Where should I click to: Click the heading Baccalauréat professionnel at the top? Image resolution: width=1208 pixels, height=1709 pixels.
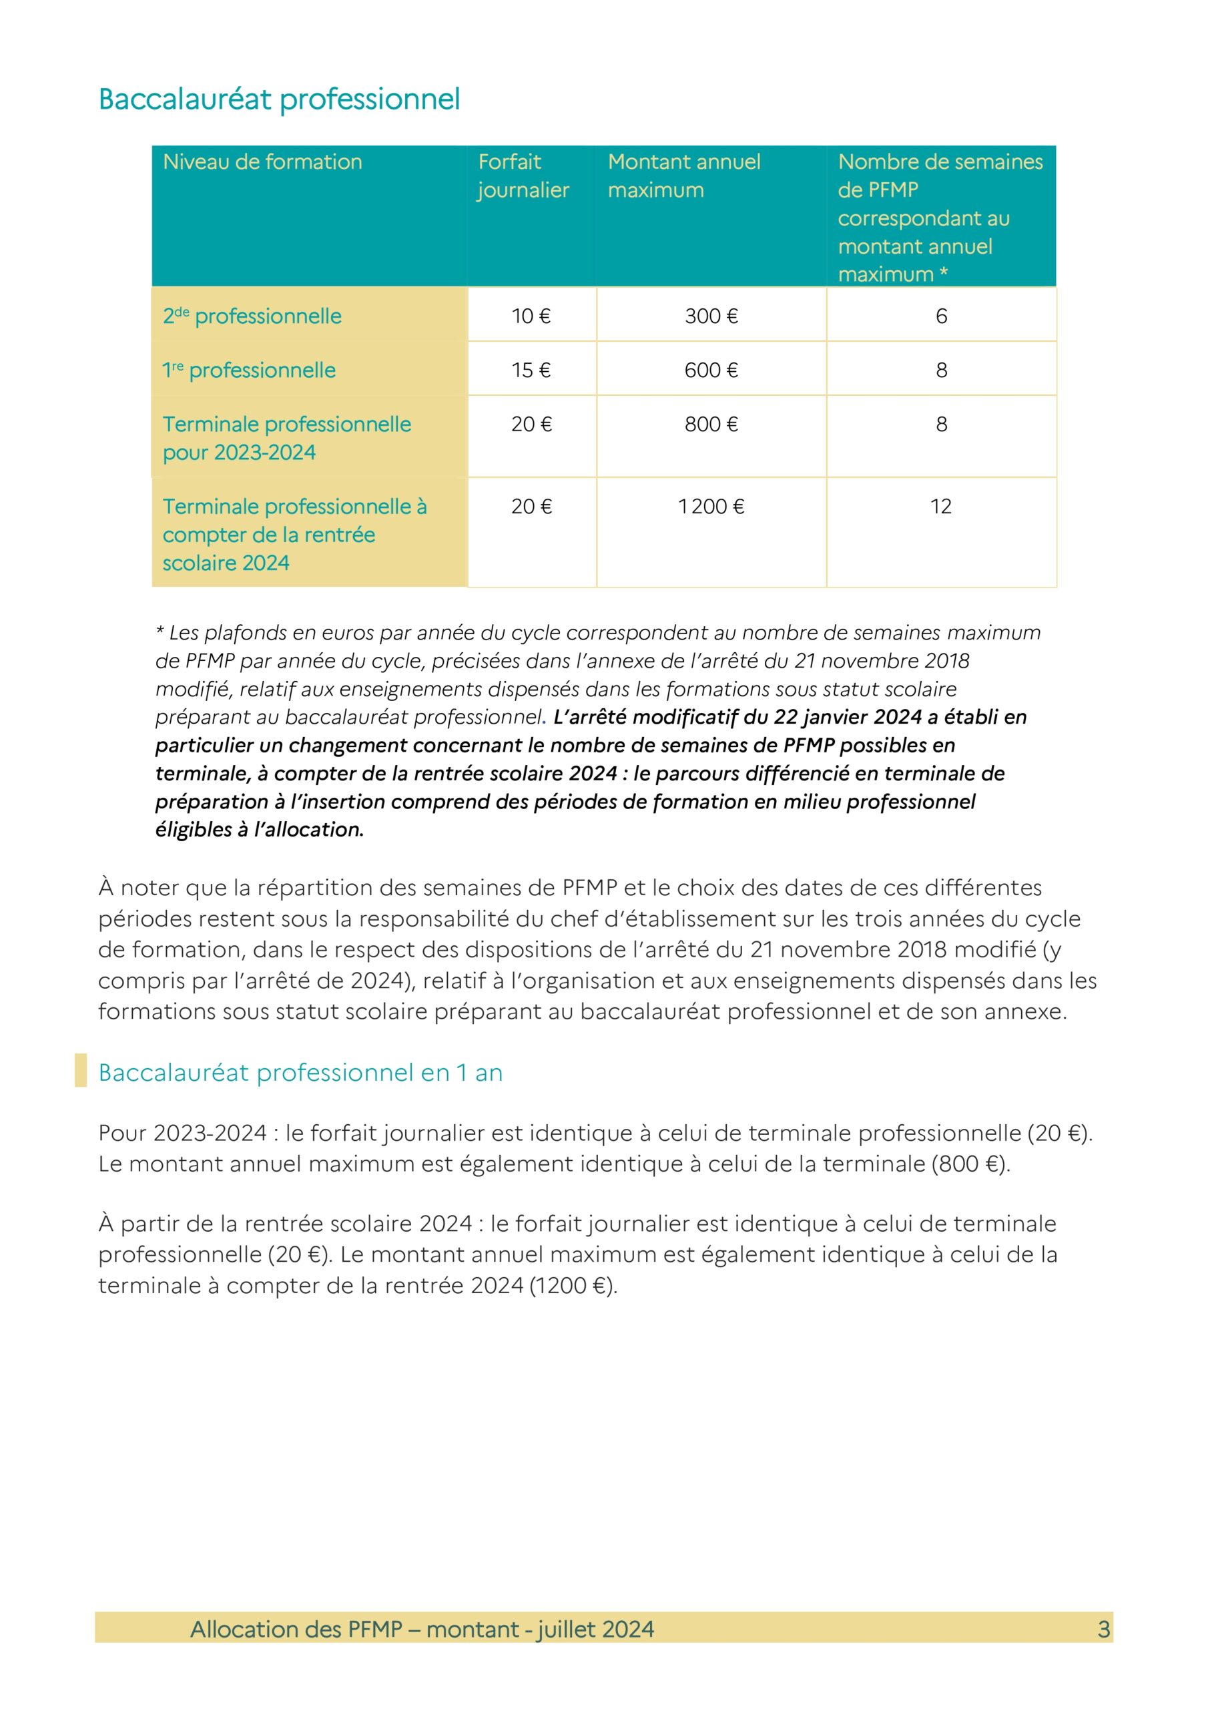tap(279, 99)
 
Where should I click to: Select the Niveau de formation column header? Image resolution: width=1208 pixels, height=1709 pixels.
tap(262, 162)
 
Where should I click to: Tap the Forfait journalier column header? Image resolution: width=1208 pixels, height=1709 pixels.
tap(523, 176)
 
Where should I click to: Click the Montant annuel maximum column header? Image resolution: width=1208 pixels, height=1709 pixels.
tap(683, 176)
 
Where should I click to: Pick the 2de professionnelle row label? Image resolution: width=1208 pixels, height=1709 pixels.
tap(252, 316)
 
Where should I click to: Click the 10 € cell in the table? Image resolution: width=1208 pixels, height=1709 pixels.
tap(531, 316)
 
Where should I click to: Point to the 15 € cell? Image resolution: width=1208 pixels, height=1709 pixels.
tap(531, 370)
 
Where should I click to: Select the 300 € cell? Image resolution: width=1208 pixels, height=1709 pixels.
tap(711, 316)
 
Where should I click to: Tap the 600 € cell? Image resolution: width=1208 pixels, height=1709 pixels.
tap(711, 370)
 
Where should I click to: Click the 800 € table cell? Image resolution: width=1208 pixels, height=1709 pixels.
tap(711, 425)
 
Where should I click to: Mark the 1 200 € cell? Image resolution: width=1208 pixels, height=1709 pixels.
tap(711, 506)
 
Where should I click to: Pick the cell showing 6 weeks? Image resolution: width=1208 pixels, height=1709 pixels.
tap(941, 316)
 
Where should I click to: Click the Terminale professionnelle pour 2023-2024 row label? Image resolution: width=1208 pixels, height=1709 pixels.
tap(286, 438)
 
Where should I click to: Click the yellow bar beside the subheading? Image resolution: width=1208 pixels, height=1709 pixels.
tap(80, 1070)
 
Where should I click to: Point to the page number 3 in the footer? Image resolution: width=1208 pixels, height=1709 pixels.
tap(1103, 1630)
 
